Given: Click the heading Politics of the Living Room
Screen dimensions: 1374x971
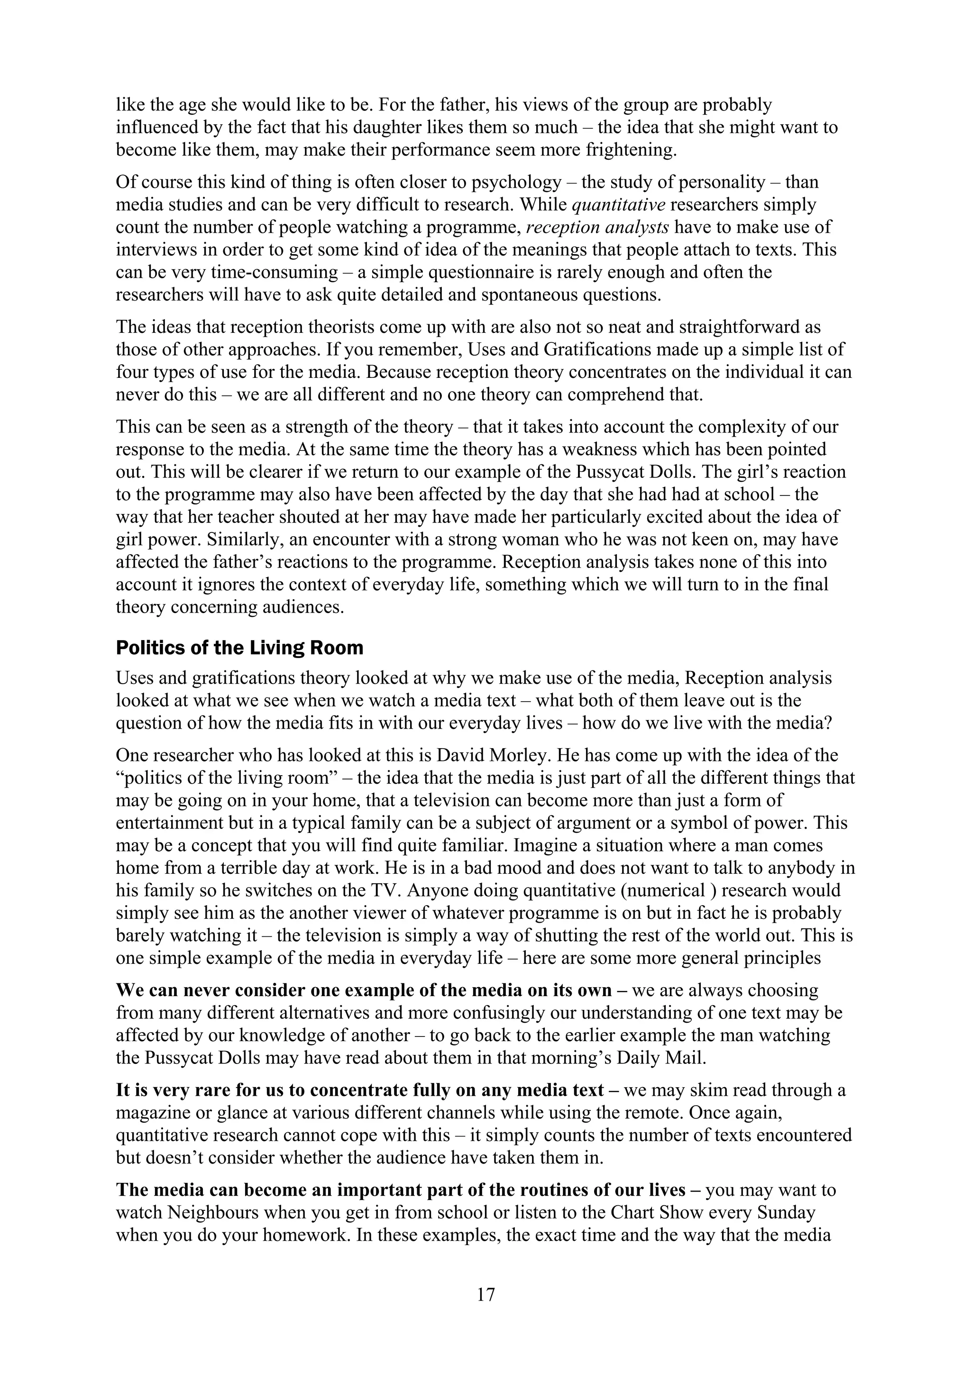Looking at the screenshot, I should (239, 648).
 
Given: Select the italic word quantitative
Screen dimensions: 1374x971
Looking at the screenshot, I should (619, 205).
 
